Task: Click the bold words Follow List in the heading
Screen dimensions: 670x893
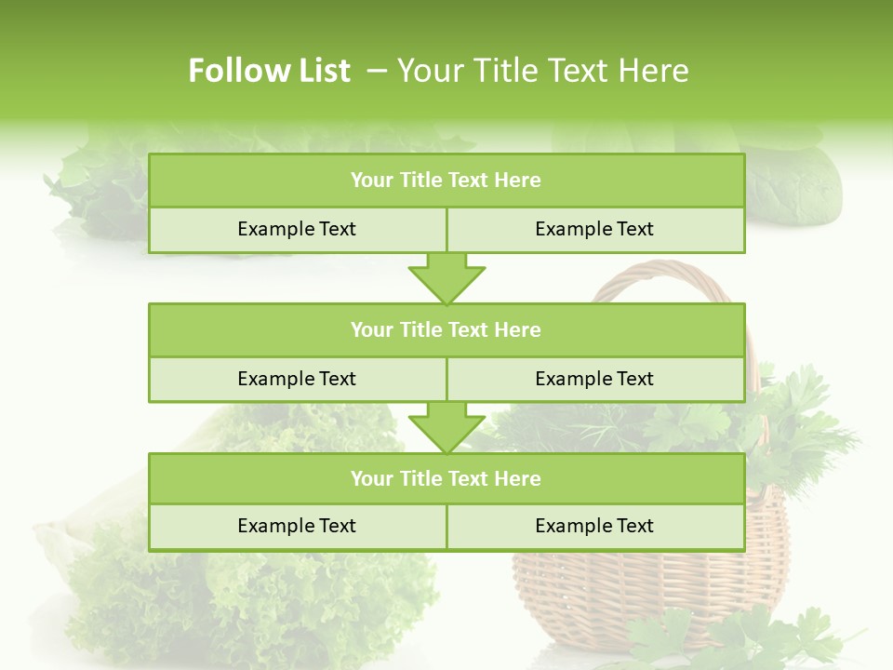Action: [269, 71]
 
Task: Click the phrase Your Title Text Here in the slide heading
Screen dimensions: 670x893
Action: [542, 71]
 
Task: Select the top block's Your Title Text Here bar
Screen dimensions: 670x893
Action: [446, 181]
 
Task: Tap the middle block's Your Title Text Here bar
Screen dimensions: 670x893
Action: [446, 329]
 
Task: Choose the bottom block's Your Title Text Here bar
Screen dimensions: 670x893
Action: [446, 478]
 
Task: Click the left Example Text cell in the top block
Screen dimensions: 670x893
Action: [297, 229]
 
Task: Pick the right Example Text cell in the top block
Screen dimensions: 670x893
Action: [594, 229]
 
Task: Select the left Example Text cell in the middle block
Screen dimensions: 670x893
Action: [297, 379]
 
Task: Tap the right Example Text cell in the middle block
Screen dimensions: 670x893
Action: [594, 379]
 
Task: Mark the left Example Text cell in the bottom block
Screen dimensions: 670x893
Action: [297, 526]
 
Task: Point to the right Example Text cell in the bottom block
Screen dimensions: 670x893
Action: [594, 526]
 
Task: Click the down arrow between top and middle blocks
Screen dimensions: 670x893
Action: [446, 279]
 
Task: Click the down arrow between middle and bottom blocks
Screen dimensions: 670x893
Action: [446, 428]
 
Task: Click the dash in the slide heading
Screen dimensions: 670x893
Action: [376, 71]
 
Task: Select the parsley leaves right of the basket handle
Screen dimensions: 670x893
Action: [800, 419]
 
